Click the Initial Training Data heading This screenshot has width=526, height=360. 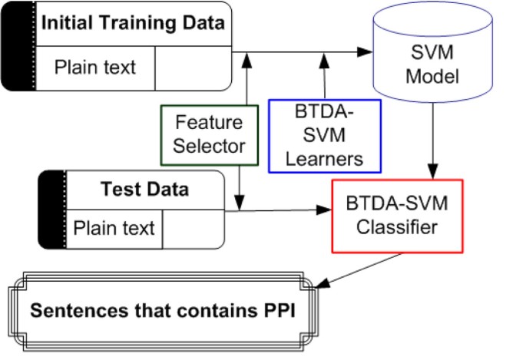[133, 22]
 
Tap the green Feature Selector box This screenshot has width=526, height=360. [207, 134]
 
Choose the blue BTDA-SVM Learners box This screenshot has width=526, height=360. [324, 135]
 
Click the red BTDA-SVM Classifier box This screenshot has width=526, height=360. [397, 216]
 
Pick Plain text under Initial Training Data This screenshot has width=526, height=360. [95, 67]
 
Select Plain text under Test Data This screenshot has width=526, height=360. [114, 228]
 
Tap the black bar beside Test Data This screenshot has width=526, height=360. [52, 210]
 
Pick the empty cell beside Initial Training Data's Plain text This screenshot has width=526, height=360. [192, 67]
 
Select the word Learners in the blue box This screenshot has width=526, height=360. [324, 157]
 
